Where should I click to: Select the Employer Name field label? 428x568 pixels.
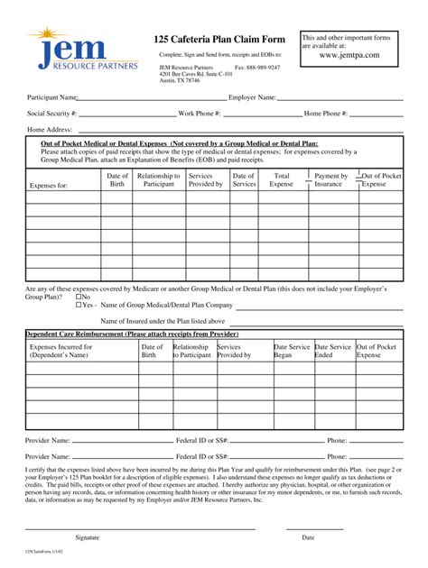[x=252, y=96]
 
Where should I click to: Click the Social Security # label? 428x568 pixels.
[x=52, y=114]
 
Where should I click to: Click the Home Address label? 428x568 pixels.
[x=50, y=130]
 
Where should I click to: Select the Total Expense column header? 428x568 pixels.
[x=282, y=179]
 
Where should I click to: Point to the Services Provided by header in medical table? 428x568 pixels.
[x=203, y=179]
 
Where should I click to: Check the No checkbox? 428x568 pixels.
[x=79, y=297]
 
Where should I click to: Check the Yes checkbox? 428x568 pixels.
[x=79, y=306]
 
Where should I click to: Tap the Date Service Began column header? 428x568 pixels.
[x=292, y=351]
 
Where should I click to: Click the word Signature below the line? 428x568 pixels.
[x=87, y=536]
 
